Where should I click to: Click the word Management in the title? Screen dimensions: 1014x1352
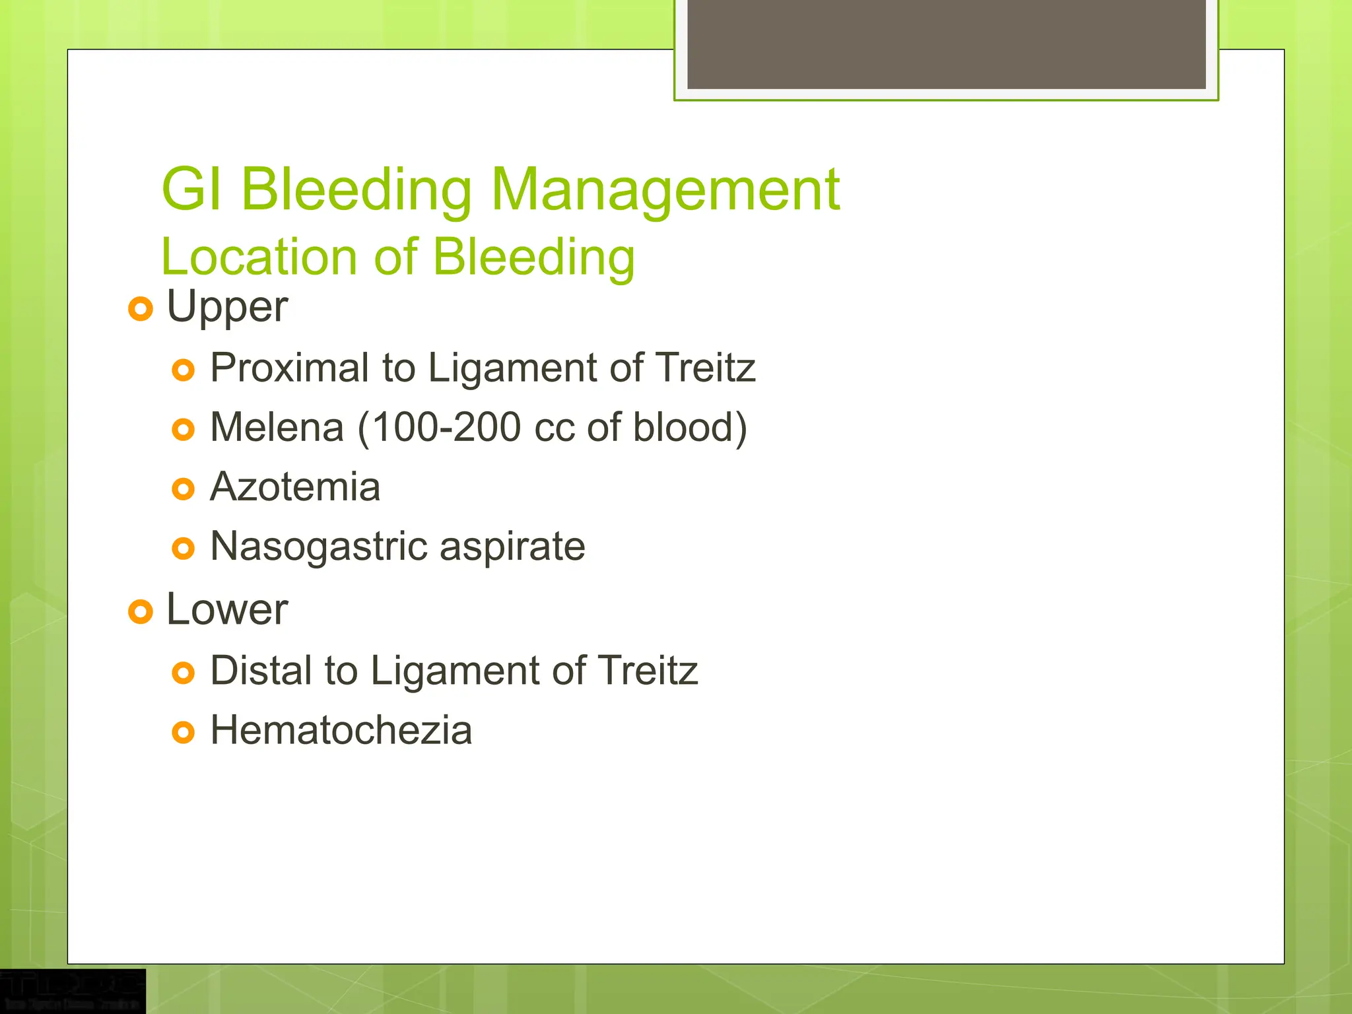pos(665,190)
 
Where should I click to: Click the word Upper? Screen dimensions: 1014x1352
pos(226,308)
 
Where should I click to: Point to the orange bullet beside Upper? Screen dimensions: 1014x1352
pos(141,308)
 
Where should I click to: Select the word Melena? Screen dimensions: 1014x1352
pos(277,427)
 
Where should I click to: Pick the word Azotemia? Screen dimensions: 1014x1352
pos(295,487)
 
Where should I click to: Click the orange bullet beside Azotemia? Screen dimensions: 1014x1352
pos(183,489)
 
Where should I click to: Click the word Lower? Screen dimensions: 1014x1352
pos(226,609)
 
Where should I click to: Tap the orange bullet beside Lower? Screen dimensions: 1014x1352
pos(141,611)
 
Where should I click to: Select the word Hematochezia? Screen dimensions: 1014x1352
pos(341,731)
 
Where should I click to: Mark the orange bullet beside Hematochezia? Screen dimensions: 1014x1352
pos(183,733)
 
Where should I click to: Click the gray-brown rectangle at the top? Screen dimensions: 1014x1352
pos(946,44)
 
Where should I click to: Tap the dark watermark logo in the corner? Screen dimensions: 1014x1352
pos(72,990)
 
